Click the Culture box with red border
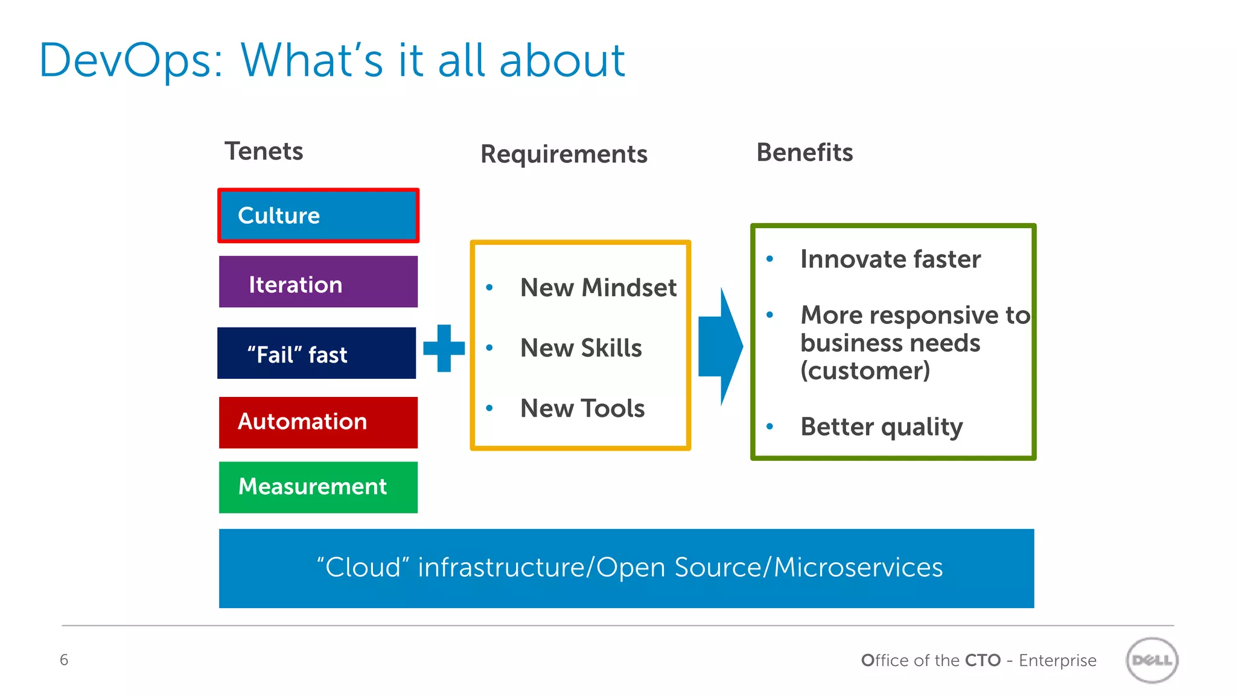tap(318, 215)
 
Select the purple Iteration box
tap(318, 282)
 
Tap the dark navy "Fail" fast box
tap(316, 353)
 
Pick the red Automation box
tap(318, 422)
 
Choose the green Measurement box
tap(318, 487)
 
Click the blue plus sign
tap(444, 348)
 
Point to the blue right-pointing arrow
tap(721, 346)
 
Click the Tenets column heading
tap(264, 151)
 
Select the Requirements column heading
tap(564, 154)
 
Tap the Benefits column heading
tap(804, 153)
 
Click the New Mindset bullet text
tap(598, 288)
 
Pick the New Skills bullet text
tap(581, 348)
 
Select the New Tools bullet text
tap(582, 408)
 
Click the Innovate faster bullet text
tap(890, 259)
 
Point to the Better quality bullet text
tap(881, 427)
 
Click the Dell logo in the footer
tap(1152, 660)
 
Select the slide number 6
tap(64, 660)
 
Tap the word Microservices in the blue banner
tap(858, 568)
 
